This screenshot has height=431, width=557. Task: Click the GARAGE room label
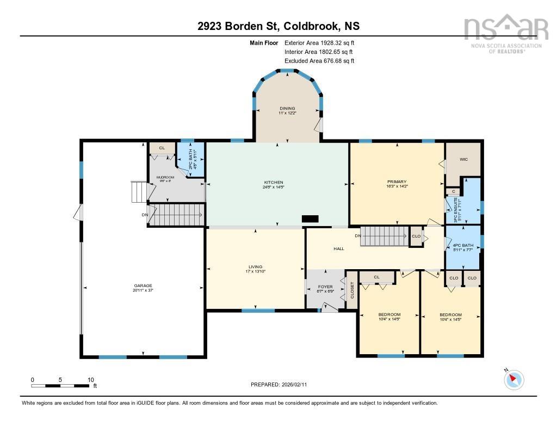click(143, 286)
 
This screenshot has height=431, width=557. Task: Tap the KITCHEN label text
click(273, 183)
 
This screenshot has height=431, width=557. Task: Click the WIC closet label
click(463, 160)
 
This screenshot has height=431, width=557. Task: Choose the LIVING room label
click(255, 267)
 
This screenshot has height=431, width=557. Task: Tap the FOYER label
click(325, 287)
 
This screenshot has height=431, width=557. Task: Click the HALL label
click(339, 248)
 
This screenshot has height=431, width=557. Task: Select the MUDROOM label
click(165, 178)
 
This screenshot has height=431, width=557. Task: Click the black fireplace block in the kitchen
click(310, 218)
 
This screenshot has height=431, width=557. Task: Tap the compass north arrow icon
click(513, 379)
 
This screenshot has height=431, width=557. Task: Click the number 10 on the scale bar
click(90, 380)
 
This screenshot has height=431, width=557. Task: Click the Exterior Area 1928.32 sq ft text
click(319, 43)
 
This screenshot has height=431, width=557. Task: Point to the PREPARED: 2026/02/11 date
click(278, 385)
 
